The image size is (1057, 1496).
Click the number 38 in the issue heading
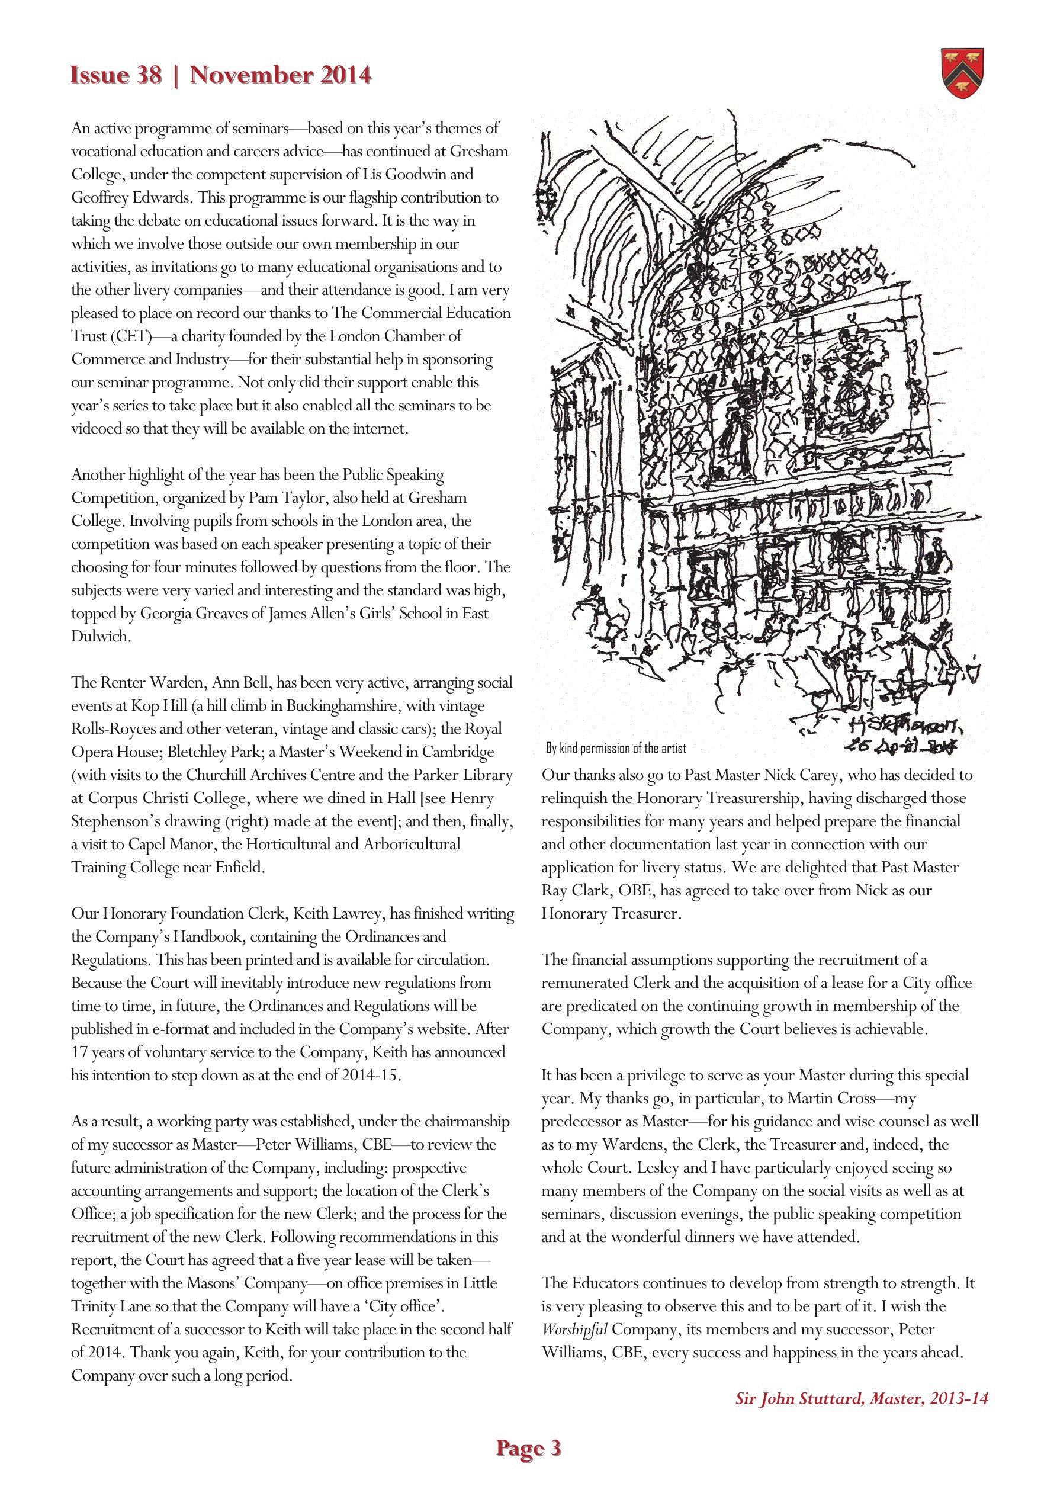click(148, 76)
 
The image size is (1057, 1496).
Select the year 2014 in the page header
click(345, 76)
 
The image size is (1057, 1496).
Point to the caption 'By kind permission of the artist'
click(616, 748)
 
